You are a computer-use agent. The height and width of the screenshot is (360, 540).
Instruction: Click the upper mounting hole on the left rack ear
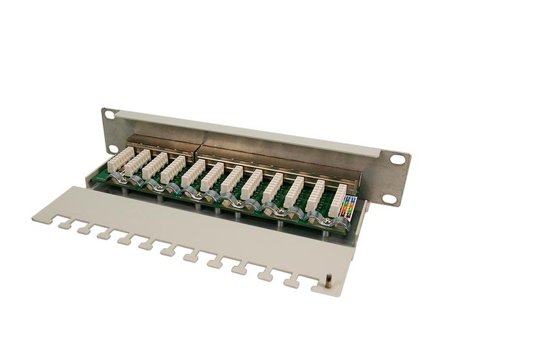click(x=109, y=115)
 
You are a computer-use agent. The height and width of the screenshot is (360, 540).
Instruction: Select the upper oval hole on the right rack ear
click(x=398, y=159)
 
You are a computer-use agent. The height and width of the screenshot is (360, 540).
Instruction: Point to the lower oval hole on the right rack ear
click(x=389, y=198)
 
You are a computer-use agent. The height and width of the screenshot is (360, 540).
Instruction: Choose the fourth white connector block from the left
click(x=173, y=170)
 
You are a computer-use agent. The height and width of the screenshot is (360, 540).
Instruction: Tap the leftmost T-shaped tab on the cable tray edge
click(x=63, y=225)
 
